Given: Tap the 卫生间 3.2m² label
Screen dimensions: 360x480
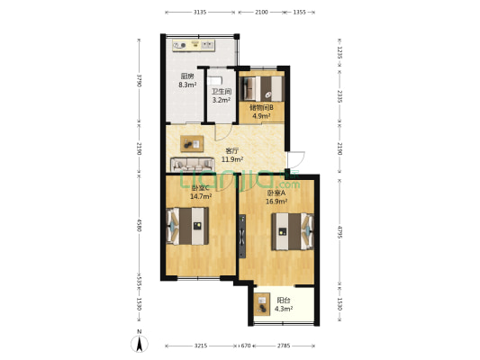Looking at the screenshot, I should tap(222, 95).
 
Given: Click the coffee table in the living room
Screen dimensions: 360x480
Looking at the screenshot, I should tap(192, 141).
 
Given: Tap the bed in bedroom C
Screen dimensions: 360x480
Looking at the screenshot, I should tap(186, 226).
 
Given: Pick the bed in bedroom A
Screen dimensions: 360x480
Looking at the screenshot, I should tap(294, 230).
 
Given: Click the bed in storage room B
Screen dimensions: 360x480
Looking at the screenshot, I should tap(266, 88).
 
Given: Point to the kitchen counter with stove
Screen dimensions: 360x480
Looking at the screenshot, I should tap(198, 41).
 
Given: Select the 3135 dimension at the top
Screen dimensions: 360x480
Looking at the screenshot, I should tap(200, 13).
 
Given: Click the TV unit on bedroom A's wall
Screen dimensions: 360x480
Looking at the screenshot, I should tap(242, 236).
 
